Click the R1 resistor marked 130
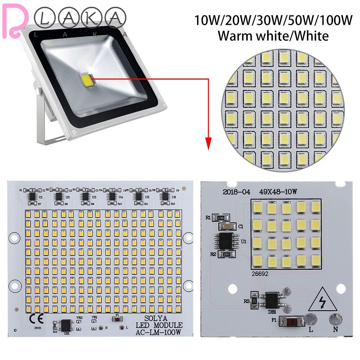click(220, 218)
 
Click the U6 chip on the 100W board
click(165, 196)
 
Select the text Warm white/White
click(273, 36)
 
